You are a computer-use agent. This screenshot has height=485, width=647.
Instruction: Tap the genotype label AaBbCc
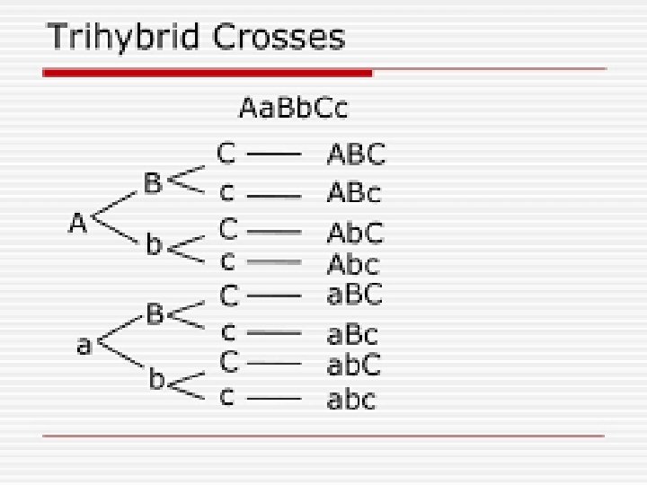coord(293,109)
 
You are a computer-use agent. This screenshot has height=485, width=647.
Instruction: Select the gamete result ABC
coord(355,154)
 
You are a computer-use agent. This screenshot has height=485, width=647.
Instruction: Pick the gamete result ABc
coord(353,193)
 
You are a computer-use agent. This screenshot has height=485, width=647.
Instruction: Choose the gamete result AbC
coord(354,233)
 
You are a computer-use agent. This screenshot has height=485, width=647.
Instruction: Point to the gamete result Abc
coord(352,264)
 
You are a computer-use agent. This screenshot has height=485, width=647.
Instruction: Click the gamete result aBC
coord(354,294)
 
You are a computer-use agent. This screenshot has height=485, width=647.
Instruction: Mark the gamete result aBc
coord(352,334)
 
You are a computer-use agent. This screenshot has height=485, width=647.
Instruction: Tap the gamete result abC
coord(353,365)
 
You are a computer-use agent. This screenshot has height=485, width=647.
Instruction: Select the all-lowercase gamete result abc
coord(350,398)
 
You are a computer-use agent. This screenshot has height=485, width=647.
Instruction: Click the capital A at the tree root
coord(78,223)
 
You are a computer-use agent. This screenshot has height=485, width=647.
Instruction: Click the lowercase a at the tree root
coord(84,345)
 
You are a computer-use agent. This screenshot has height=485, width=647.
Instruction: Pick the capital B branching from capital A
coord(153,183)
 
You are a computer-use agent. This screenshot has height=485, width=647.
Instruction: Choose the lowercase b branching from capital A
coord(155,245)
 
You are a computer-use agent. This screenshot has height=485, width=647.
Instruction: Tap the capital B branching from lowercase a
coord(155,314)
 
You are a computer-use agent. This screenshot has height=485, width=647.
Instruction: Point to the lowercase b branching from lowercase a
coord(156,380)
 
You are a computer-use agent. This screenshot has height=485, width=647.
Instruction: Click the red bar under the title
coord(207,72)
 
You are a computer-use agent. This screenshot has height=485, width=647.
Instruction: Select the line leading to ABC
coord(273,154)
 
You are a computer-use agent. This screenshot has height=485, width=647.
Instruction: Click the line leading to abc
coord(273,396)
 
